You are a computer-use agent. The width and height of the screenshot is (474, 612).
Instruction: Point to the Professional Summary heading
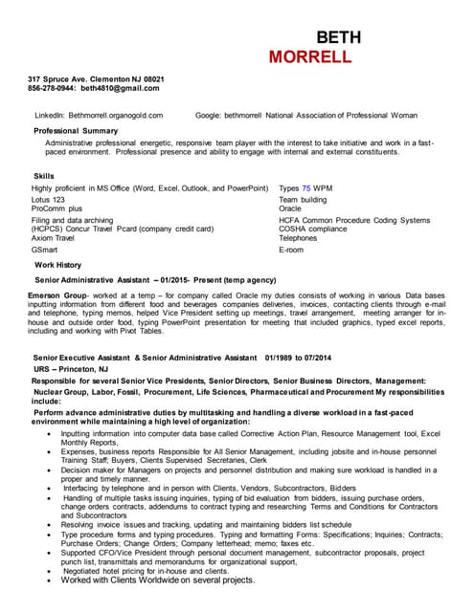(76, 130)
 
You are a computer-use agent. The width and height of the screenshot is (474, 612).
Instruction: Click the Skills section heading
(44, 176)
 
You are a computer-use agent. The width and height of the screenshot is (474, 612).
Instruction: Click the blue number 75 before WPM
(305, 189)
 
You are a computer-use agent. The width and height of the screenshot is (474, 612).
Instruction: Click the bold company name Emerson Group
(57, 297)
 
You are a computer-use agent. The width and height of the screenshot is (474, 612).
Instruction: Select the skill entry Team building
(302, 200)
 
